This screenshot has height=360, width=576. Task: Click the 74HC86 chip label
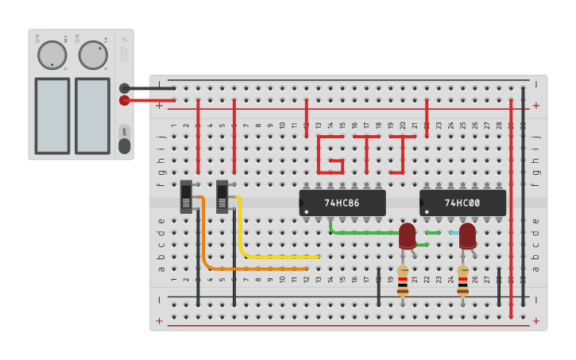342,203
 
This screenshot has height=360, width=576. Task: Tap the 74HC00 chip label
462,203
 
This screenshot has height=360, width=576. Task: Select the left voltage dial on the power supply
52,55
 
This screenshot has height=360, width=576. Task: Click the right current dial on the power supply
93,55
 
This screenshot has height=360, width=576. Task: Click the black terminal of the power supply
125,88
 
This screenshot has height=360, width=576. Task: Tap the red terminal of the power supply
125,100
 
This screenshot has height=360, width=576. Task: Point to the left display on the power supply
52,115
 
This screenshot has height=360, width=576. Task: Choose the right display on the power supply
92,115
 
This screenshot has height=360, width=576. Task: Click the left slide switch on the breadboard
187,196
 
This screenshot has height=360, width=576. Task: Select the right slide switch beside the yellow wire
223,196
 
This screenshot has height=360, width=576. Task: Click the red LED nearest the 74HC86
407,235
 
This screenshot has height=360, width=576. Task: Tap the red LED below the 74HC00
467,235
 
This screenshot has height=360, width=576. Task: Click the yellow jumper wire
262,257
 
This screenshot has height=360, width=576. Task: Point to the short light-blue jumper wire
454,233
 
